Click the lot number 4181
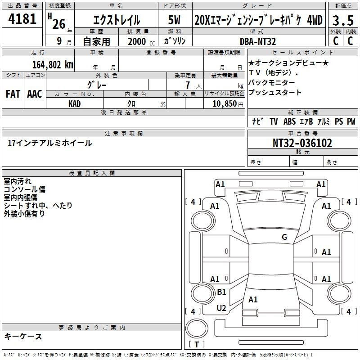[x=22, y=19]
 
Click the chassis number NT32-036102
[x=302, y=143]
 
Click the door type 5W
[x=174, y=20]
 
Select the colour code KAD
[x=75, y=103]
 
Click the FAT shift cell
[x=13, y=94]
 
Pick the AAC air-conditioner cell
[x=35, y=94]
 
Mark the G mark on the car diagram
[x=284, y=237]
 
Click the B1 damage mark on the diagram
[x=221, y=292]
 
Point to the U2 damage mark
[x=221, y=308]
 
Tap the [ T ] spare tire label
[x=196, y=344]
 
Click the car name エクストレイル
[x=117, y=20]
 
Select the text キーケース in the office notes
[x=23, y=336]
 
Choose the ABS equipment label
[x=289, y=121]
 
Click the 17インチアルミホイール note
[x=50, y=143]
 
